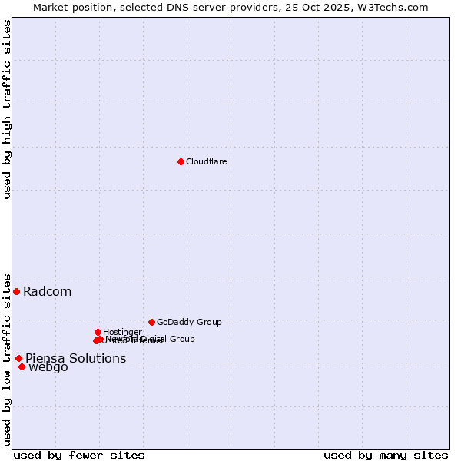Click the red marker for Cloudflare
click(181, 161)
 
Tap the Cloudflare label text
click(206, 161)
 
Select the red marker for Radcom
click(16, 291)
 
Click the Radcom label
click(47, 291)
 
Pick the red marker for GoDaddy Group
click(151, 322)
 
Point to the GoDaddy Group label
click(189, 322)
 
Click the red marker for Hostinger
click(98, 332)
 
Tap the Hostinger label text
click(122, 332)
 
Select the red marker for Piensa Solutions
click(18, 358)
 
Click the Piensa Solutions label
click(75, 358)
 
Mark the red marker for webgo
click(22, 366)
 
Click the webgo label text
click(48, 367)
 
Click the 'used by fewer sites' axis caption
click(79, 455)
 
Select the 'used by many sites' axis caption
click(386, 455)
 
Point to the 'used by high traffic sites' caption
click(7, 109)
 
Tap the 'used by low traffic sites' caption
click(7, 359)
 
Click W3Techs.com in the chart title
click(396, 7)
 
